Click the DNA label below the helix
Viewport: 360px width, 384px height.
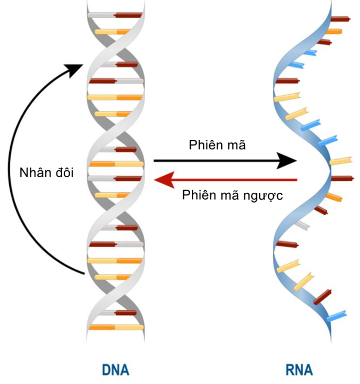point(115,370)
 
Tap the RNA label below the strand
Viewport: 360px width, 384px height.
point(299,370)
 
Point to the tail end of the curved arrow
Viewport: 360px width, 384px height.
point(84,274)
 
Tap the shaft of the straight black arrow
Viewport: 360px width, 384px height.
point(214,160)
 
